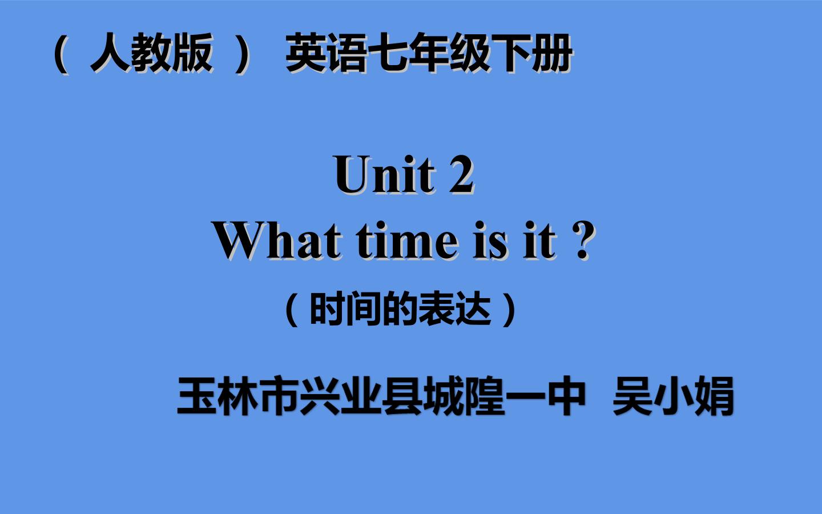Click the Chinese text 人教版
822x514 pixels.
152,53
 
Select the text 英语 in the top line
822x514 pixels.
326,53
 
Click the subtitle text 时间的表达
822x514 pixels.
400,309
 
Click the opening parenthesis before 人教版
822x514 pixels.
61,54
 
